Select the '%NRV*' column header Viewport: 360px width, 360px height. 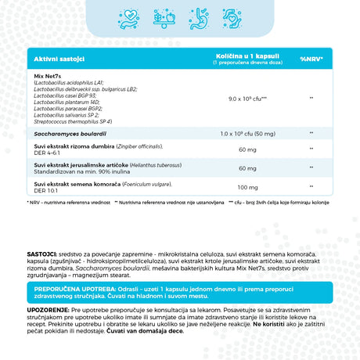pos(311,59)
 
